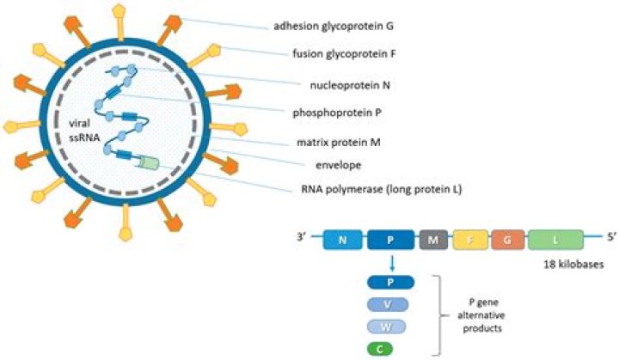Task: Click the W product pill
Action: pyautogui.click(x=391, y=326)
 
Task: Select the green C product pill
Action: pyautogui.click(x=391, y=349)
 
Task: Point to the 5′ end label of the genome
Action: pyautogui.click(x=610, y=231)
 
